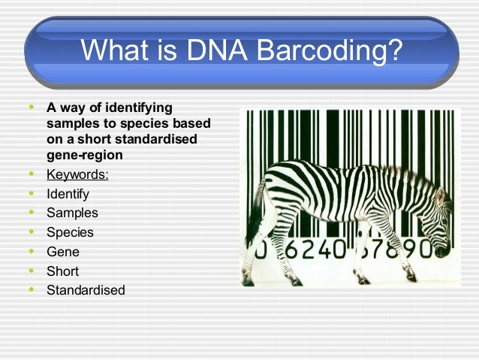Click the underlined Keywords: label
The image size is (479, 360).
(x=77, y=175)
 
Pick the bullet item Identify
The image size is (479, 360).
(x=68, y=194)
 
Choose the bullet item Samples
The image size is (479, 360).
(x=72, y=213)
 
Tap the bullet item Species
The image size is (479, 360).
(x=71, y=232)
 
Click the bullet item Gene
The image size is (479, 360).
(x=62, y=252)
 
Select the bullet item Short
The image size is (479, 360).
(x=62, y=271)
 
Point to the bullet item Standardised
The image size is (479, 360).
(x=86, y=289)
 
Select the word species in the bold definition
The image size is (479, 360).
(x=143, y=123)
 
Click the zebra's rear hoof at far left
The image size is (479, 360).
(x=248, y=283)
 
